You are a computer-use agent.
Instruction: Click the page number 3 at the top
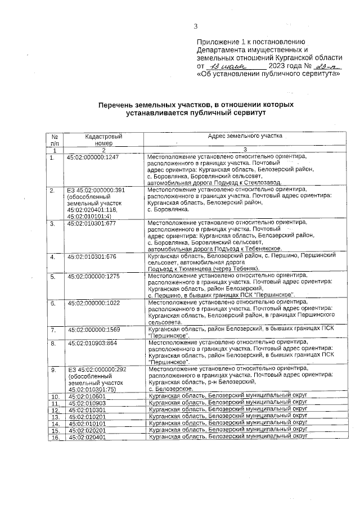(x=196, y=26)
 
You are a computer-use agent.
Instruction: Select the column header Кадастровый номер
(x=103, y=140)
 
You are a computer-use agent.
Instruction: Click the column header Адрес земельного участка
(x=245, y=137)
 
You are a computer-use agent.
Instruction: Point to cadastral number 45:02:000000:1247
(x=93, y=158)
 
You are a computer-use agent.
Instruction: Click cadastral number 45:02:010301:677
(x=91, y=224)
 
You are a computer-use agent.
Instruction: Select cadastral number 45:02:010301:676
(x=91, y=256)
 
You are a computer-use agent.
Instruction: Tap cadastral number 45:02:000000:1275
(x=93, y=276)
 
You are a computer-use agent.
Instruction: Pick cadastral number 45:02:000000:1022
(x=93, y=303)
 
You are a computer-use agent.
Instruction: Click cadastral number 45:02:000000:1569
(x=93, y=330)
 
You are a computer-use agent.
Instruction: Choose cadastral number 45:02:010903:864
(x=92, y=343)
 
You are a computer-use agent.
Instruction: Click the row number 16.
(x=55, y=437)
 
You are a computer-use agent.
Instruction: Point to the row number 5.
(x=53, y=276)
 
